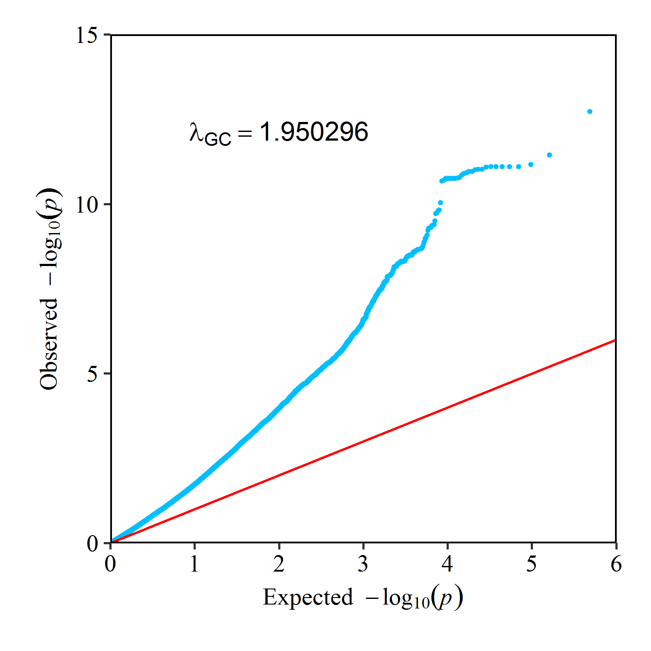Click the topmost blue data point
[x=590, y=112]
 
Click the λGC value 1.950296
[x=314, y=132]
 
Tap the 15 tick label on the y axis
[x=87, y=35]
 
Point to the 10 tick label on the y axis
[x=87, y=204]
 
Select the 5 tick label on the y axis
[x=92, y=374]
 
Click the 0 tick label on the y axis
[x=92, y=543]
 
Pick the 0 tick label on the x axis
[x=111, y=564]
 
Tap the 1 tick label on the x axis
[x=194, y=564]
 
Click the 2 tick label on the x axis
[x=279, y=564]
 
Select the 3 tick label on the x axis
[x=363, y=564]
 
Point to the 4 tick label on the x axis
[x=447, y=564]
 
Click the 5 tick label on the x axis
[x=532, y=564]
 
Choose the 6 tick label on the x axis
[x=616, y=564]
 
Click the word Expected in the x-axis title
[x=308, y=597]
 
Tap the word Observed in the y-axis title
[x=49, y=344]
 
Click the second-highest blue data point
[x=549, y=155]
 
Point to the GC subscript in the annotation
[x=217, y=139]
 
